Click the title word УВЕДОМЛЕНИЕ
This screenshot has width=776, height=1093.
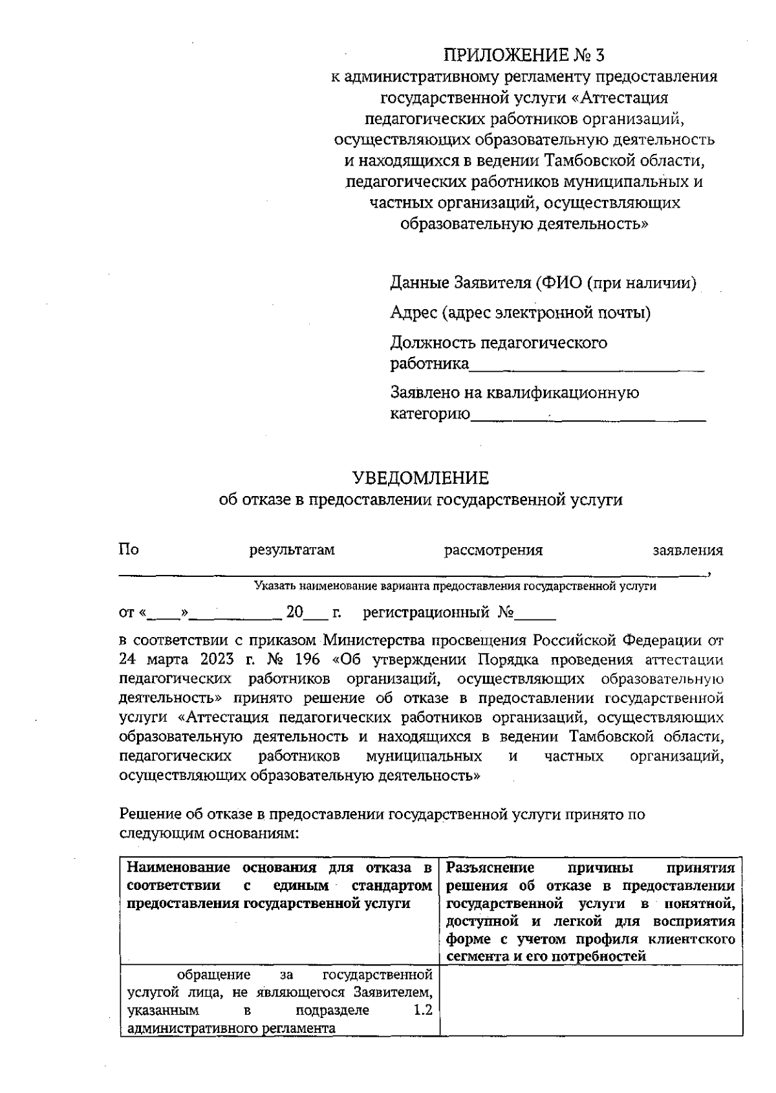point(420,478)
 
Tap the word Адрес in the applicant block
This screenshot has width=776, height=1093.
point(413,313)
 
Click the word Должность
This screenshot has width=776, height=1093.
point(431,342)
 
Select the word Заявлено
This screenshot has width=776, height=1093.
point(426,393)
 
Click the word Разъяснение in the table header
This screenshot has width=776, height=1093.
point(490,868)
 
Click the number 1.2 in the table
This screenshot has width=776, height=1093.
point(423,1010)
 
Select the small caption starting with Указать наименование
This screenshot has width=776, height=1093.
point(455,587)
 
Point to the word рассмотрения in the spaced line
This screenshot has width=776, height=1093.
point(493,550)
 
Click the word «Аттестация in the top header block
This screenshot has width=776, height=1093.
point(621,98)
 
